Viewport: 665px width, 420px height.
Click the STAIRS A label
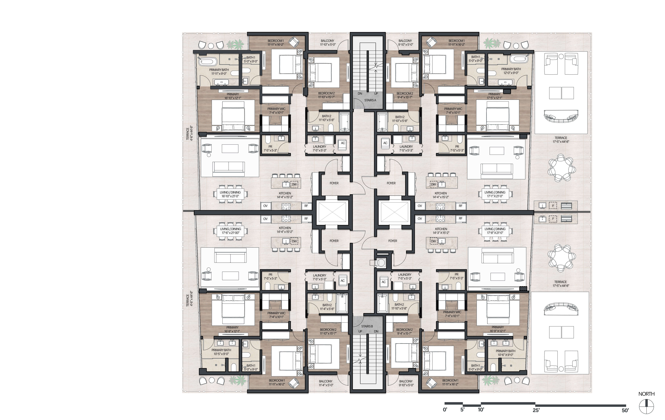tap(370, 100)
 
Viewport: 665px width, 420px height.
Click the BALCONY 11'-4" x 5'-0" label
tap(326, 383)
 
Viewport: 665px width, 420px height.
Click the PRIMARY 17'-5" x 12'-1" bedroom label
tap(494, 96)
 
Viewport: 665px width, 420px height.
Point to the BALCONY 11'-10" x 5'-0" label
tap(328, 42)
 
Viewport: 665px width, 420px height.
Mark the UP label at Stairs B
tap(360, 331)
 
